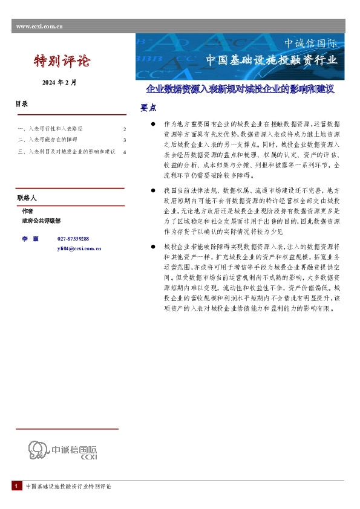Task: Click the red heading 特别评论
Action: (61, 61)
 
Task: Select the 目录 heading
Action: (22, 104)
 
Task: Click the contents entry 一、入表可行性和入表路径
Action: (51, 129)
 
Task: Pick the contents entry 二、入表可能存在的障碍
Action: (48, 140)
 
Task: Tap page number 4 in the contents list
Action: (124, 152)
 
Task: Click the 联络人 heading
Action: (27, 198)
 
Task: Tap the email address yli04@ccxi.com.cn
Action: (79, 248)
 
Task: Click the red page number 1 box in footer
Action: (16, 487)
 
